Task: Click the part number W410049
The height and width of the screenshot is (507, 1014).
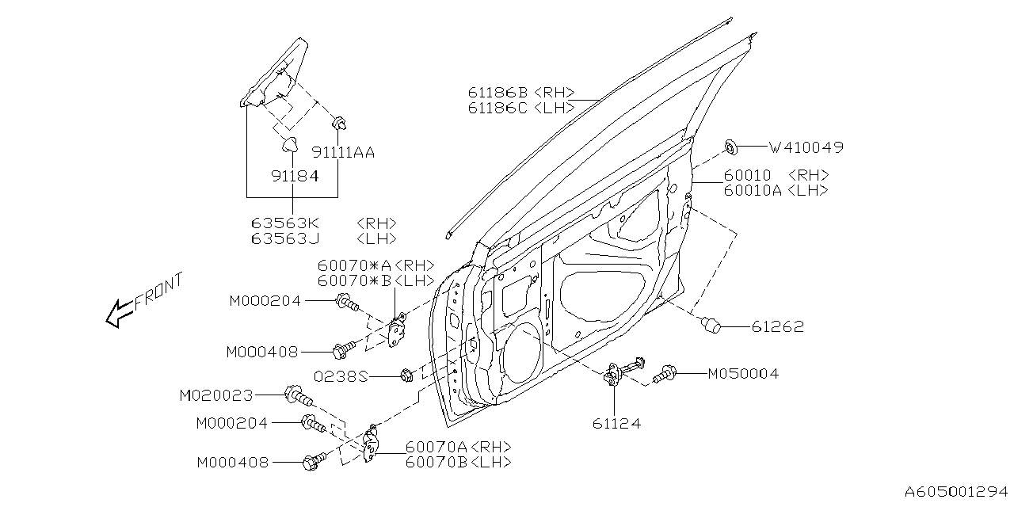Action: (806, 147)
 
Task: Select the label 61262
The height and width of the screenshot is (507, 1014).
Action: (777, 326)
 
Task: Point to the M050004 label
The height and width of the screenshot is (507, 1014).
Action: (742, 373)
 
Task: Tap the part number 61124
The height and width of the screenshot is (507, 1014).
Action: (616, 424)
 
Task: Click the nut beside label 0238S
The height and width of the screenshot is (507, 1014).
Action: (405, 375)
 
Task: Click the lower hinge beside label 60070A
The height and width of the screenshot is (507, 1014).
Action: (370, 443)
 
